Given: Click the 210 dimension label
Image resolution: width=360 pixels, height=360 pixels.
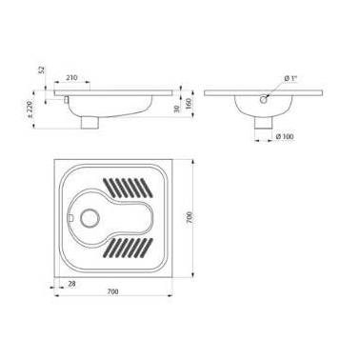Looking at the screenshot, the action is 71,77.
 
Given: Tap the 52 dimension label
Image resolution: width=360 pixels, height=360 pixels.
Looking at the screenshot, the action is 42,70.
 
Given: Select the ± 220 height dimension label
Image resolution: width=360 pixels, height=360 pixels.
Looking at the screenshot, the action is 30,110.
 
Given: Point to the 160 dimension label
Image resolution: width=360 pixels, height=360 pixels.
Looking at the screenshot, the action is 188,104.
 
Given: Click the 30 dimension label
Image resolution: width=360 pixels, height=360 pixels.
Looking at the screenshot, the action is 177,109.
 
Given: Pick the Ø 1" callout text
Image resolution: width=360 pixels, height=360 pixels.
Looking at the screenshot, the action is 290,78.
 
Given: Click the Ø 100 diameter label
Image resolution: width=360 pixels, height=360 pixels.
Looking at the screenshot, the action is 285,136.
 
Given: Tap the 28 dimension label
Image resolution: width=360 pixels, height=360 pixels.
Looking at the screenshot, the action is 72,284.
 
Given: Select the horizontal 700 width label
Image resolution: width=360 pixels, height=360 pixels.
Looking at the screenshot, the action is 112,291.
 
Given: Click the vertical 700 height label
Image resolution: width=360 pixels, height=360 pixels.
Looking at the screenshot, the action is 189,217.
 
